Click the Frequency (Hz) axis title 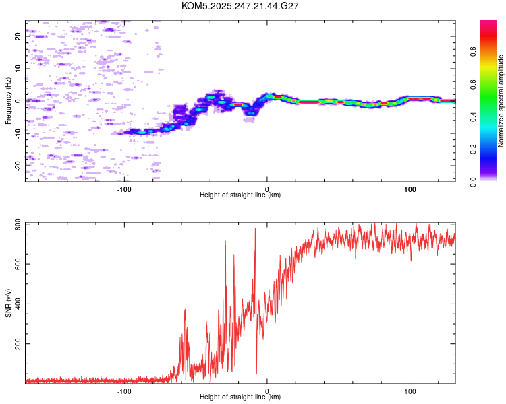(8, 101)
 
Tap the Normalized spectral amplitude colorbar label (501, 101)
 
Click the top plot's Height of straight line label (240, 195)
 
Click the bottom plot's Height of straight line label (240, 397)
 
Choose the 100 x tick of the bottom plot (410, 390)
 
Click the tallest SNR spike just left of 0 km (255, 230)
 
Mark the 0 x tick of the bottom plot (267, 390)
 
